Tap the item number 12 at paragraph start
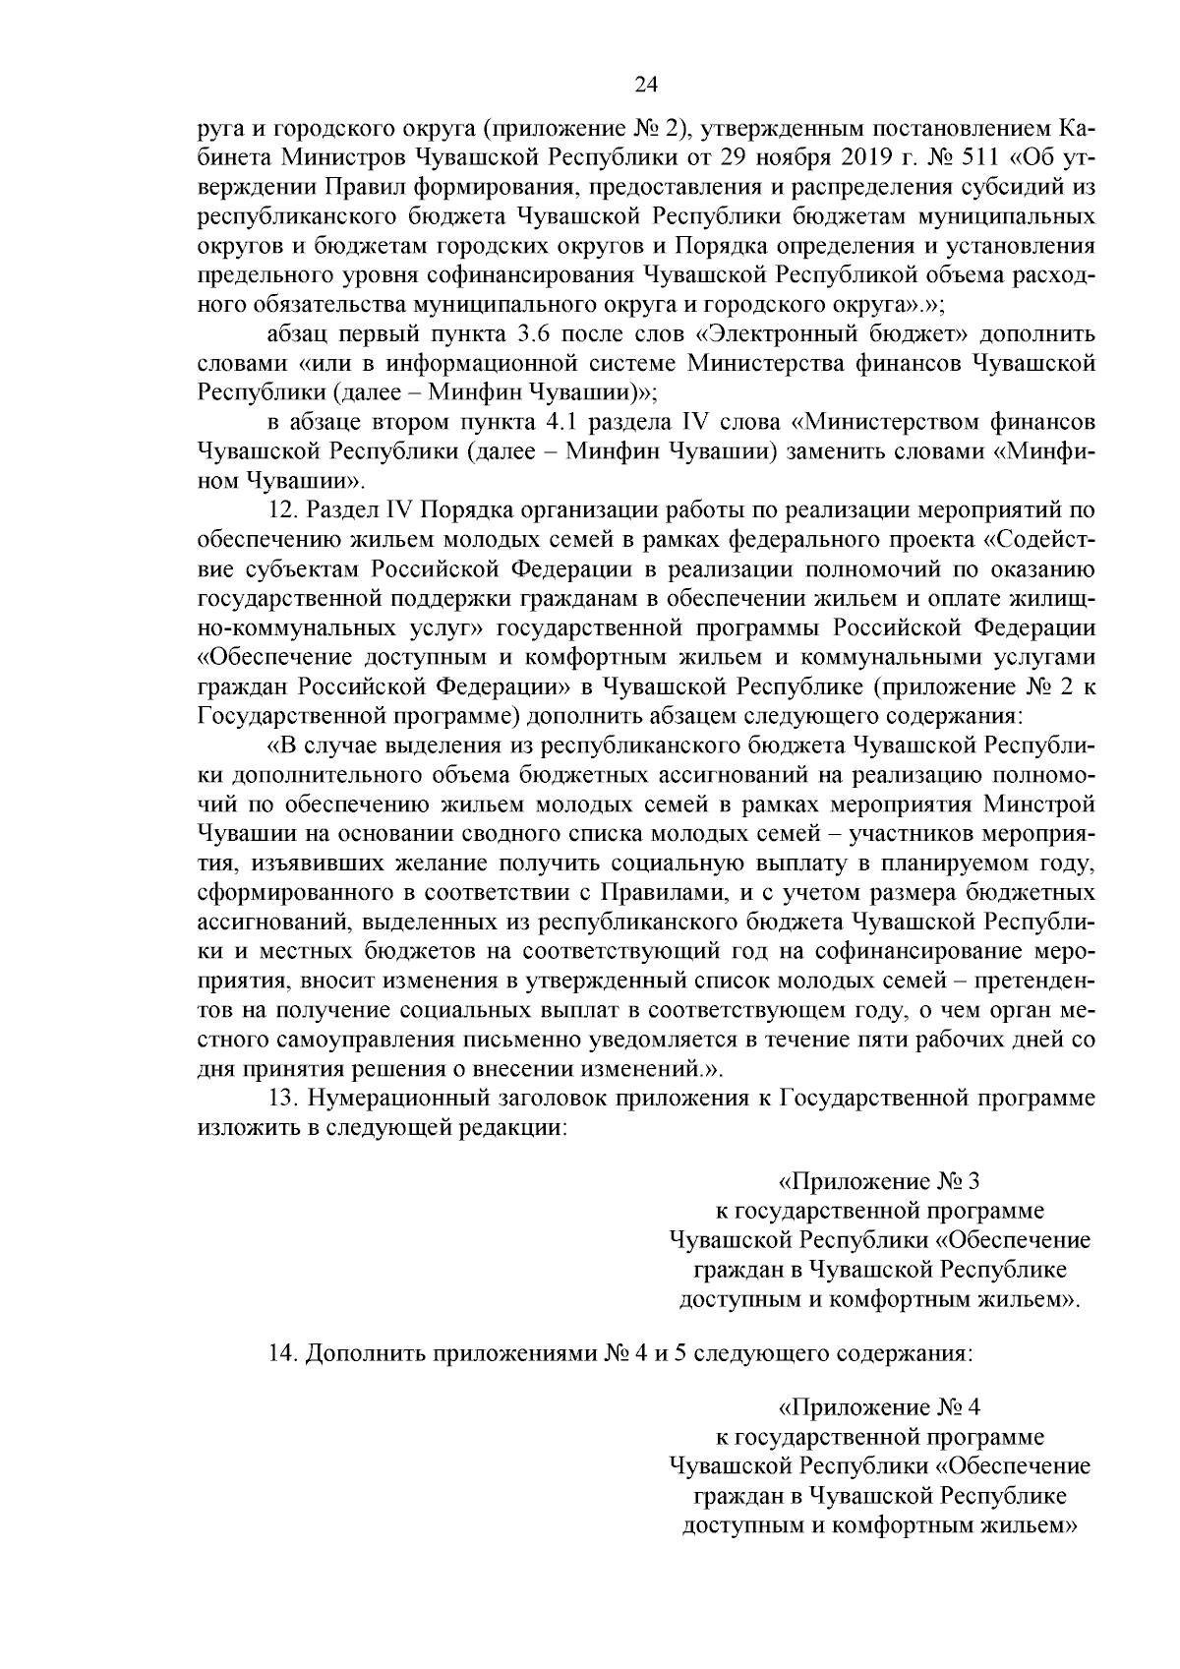pyautogui.click(x=282, y=511)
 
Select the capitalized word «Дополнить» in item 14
pyautogui.click(x=354, y=1353)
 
